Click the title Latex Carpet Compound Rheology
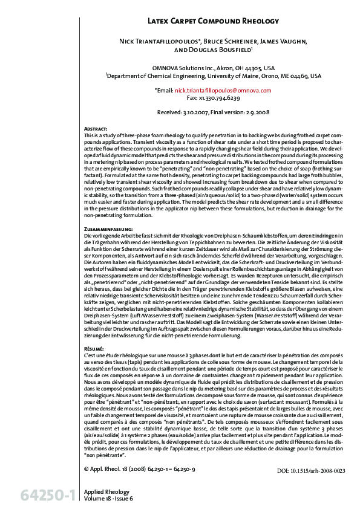[213, 21]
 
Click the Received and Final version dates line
[213, 112]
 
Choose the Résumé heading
[94, 349]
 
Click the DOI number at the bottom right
[310, 470]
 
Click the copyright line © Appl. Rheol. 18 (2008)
[142, 469]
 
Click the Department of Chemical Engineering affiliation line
[213, 76]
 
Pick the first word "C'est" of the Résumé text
[91, 355]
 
